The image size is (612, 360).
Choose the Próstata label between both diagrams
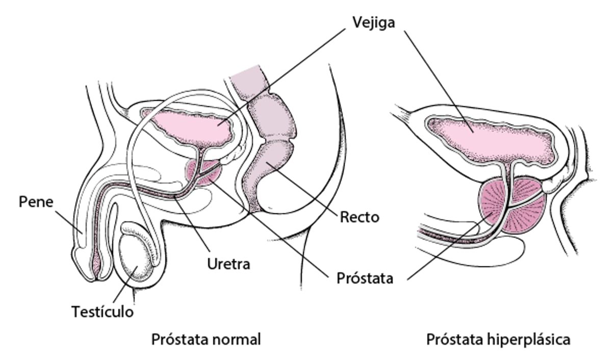click(x=365, y=278)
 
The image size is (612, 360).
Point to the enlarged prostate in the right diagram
click(x=515, y=209)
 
